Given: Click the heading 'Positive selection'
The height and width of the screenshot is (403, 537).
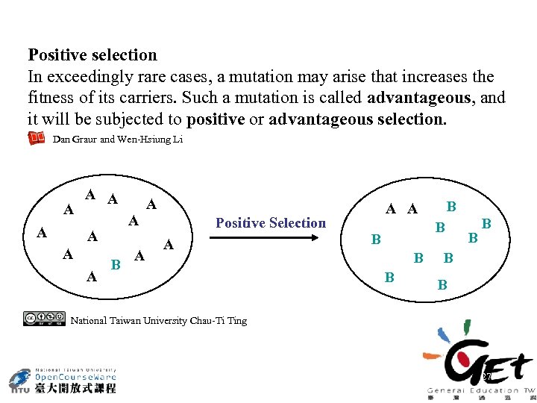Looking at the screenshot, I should tap(92, 55).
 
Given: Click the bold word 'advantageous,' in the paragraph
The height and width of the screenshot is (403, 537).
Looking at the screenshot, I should tap(429, 98).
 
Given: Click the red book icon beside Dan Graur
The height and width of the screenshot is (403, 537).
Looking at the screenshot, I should tap(36, 138).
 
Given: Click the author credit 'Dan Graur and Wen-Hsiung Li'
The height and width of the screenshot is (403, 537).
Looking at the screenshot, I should tap(118, 139).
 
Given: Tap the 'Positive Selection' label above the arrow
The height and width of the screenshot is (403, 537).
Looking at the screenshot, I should tap(271, 222).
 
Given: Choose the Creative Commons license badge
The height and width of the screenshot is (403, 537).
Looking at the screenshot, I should tap(44, 319).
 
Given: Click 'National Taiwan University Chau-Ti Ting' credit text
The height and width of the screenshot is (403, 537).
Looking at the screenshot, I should tap(158, 321).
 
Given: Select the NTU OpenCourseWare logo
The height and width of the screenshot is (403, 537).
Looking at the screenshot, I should tap(63, 380).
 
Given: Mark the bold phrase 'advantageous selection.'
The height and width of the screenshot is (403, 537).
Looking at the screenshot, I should tap(357, 119).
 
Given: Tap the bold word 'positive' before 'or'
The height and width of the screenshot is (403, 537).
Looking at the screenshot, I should tap(216, 119).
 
